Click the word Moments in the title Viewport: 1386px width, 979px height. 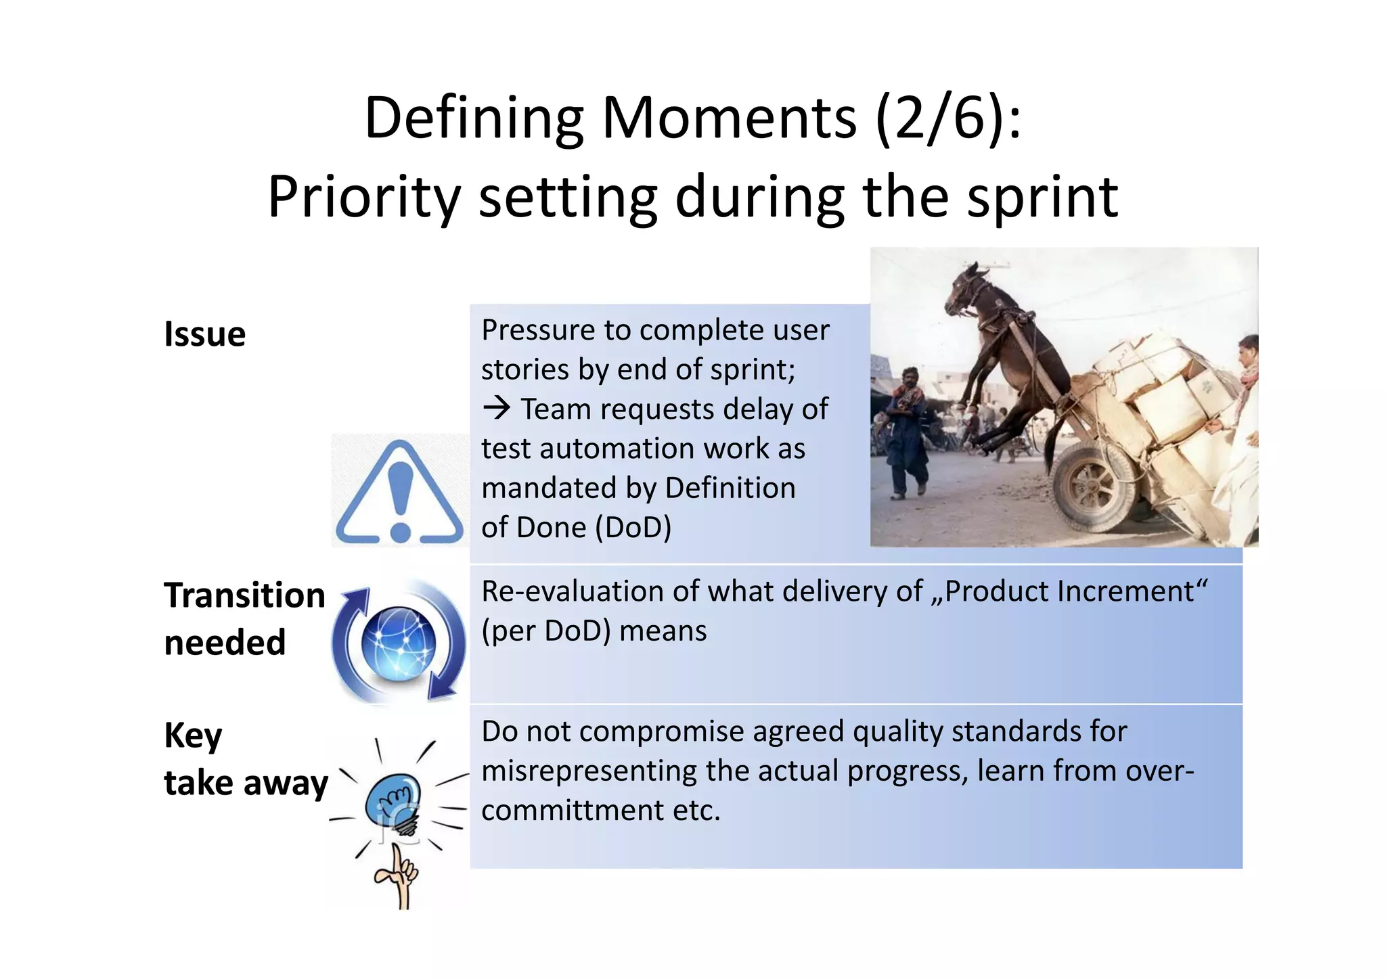pos(730,118)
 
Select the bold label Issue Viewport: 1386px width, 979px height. pos(204,334)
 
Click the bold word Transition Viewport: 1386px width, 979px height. pos(244,595)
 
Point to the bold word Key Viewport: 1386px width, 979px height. pos(193,735)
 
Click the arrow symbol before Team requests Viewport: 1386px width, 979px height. pos(497,409)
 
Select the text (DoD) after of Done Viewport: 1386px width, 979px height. pos(633,527)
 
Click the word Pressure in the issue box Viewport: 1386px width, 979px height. pos(537,330)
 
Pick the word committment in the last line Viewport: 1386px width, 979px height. pos(573,811)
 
